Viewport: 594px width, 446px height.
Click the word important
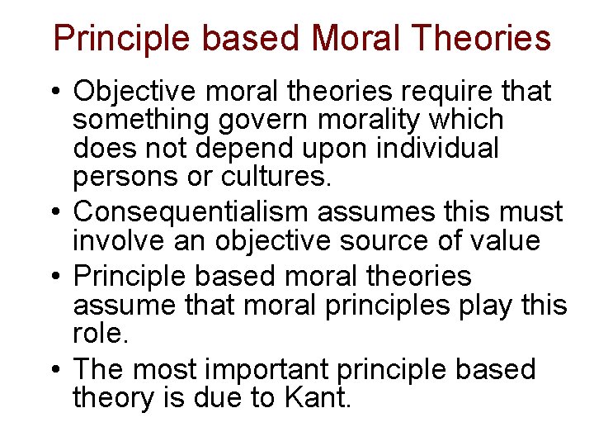pos(280,369)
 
